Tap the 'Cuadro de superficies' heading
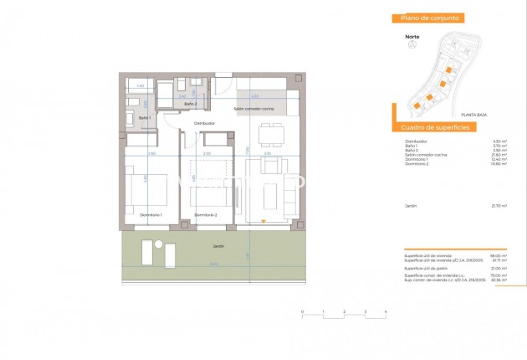(x=435, y=126)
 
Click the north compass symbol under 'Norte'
(x=411, y=46)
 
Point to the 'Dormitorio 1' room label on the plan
(x=150, y=215)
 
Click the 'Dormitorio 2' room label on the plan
(x=206, y=215)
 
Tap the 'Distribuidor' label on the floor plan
(x=204, y=123)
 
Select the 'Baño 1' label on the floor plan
(x=144, y=118)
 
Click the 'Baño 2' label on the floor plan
(x=191, y=104)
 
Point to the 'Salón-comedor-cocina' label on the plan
(x=253, y=109)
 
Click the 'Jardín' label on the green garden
(x=217, y=247)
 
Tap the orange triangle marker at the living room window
(x=263, y=221)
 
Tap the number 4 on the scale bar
(x=385, y=311)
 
